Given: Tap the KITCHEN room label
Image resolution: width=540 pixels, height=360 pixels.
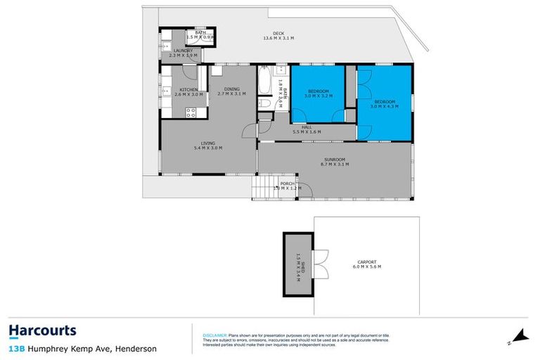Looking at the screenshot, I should [188, 89].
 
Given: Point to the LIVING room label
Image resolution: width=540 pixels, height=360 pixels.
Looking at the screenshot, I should [208, 143].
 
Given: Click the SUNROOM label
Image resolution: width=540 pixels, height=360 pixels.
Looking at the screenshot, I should [335, 159].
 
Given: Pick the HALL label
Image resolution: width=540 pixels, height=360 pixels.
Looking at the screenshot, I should [307, 127].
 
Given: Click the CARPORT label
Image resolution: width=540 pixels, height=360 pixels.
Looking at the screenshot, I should [366, 262].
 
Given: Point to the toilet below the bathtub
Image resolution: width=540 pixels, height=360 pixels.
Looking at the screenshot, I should [265, 104].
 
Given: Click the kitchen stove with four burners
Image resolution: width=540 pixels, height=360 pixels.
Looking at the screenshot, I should [191, 112].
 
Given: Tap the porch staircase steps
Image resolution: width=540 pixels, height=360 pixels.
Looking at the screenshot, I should [262, 188].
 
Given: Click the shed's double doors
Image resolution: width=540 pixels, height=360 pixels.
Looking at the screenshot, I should [321, 265].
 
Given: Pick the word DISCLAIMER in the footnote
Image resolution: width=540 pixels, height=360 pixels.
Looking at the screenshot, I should [213, 335].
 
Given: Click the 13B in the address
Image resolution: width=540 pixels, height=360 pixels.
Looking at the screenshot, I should [17, 348].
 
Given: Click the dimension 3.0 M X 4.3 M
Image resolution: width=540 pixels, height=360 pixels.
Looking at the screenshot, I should [386, 107].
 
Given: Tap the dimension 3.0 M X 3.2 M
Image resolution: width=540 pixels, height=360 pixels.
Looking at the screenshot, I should [319, 96].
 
